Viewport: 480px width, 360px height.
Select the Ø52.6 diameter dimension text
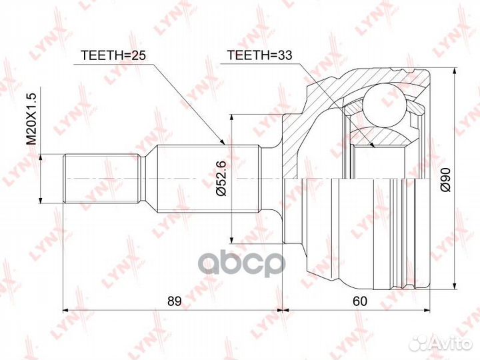point(223,178)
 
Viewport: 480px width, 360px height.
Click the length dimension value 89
point(174,301)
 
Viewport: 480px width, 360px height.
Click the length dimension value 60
point(360,301)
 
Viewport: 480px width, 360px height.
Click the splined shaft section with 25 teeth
point(207,178)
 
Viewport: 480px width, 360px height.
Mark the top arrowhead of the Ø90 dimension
point(454,72)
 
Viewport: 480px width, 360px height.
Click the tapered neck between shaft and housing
point(270,178)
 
